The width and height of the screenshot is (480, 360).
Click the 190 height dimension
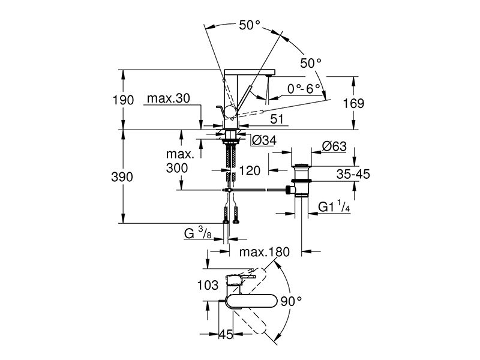(124, 100)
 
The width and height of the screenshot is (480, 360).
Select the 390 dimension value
(122, 177)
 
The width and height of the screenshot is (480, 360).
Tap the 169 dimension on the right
(353, 103)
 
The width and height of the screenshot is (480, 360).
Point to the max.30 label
(169, 98)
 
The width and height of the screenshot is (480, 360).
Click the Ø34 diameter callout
(265, 140)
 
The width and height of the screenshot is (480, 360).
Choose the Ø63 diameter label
(334, 146)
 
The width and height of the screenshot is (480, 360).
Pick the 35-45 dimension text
(353, 174)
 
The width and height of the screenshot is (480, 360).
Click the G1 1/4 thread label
(334, 206)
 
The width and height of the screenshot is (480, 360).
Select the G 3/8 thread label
(198, 233)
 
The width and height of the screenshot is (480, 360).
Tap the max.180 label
(265, 252)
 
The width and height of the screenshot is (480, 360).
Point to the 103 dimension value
(208, 286)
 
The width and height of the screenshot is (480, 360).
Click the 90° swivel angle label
(291, 302)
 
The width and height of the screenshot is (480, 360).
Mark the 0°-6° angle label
(304, 89)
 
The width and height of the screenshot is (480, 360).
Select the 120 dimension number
(250, 170)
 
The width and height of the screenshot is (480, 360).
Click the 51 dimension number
(277, 119)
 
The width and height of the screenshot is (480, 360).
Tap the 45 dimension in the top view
(226, 334)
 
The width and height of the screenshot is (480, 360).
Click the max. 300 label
(180, 161)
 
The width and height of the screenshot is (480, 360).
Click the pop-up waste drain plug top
(301, 167)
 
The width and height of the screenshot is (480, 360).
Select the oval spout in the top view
(252, 301)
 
